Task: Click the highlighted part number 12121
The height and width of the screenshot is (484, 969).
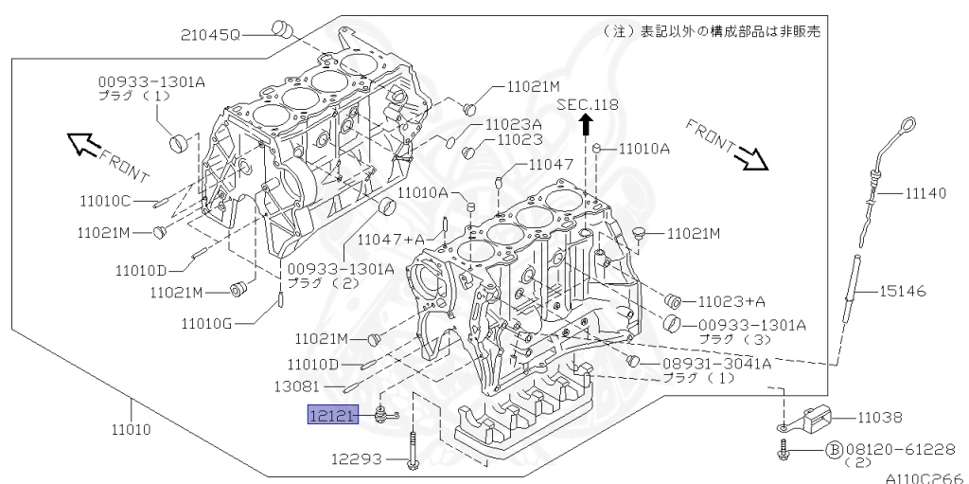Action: pyautogui.click(x=331, y=414)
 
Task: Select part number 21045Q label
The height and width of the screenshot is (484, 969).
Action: pyautogui.click(x=210, y=36)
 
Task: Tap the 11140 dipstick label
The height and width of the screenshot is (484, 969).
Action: pyautogui.click(x=925, y=193)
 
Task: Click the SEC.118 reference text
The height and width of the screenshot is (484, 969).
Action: pyautogui.click(x=587, y=104)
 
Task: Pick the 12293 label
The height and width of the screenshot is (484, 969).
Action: pyautogui.click(x=356, y=459)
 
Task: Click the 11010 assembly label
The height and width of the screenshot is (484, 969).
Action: pyautogui.click(x=131, y=430)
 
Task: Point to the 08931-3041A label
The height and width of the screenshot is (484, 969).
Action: pyautogui.click(x=715, y=363)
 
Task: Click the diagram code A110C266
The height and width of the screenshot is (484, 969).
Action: pyautogui.click(x=926, y=476)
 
